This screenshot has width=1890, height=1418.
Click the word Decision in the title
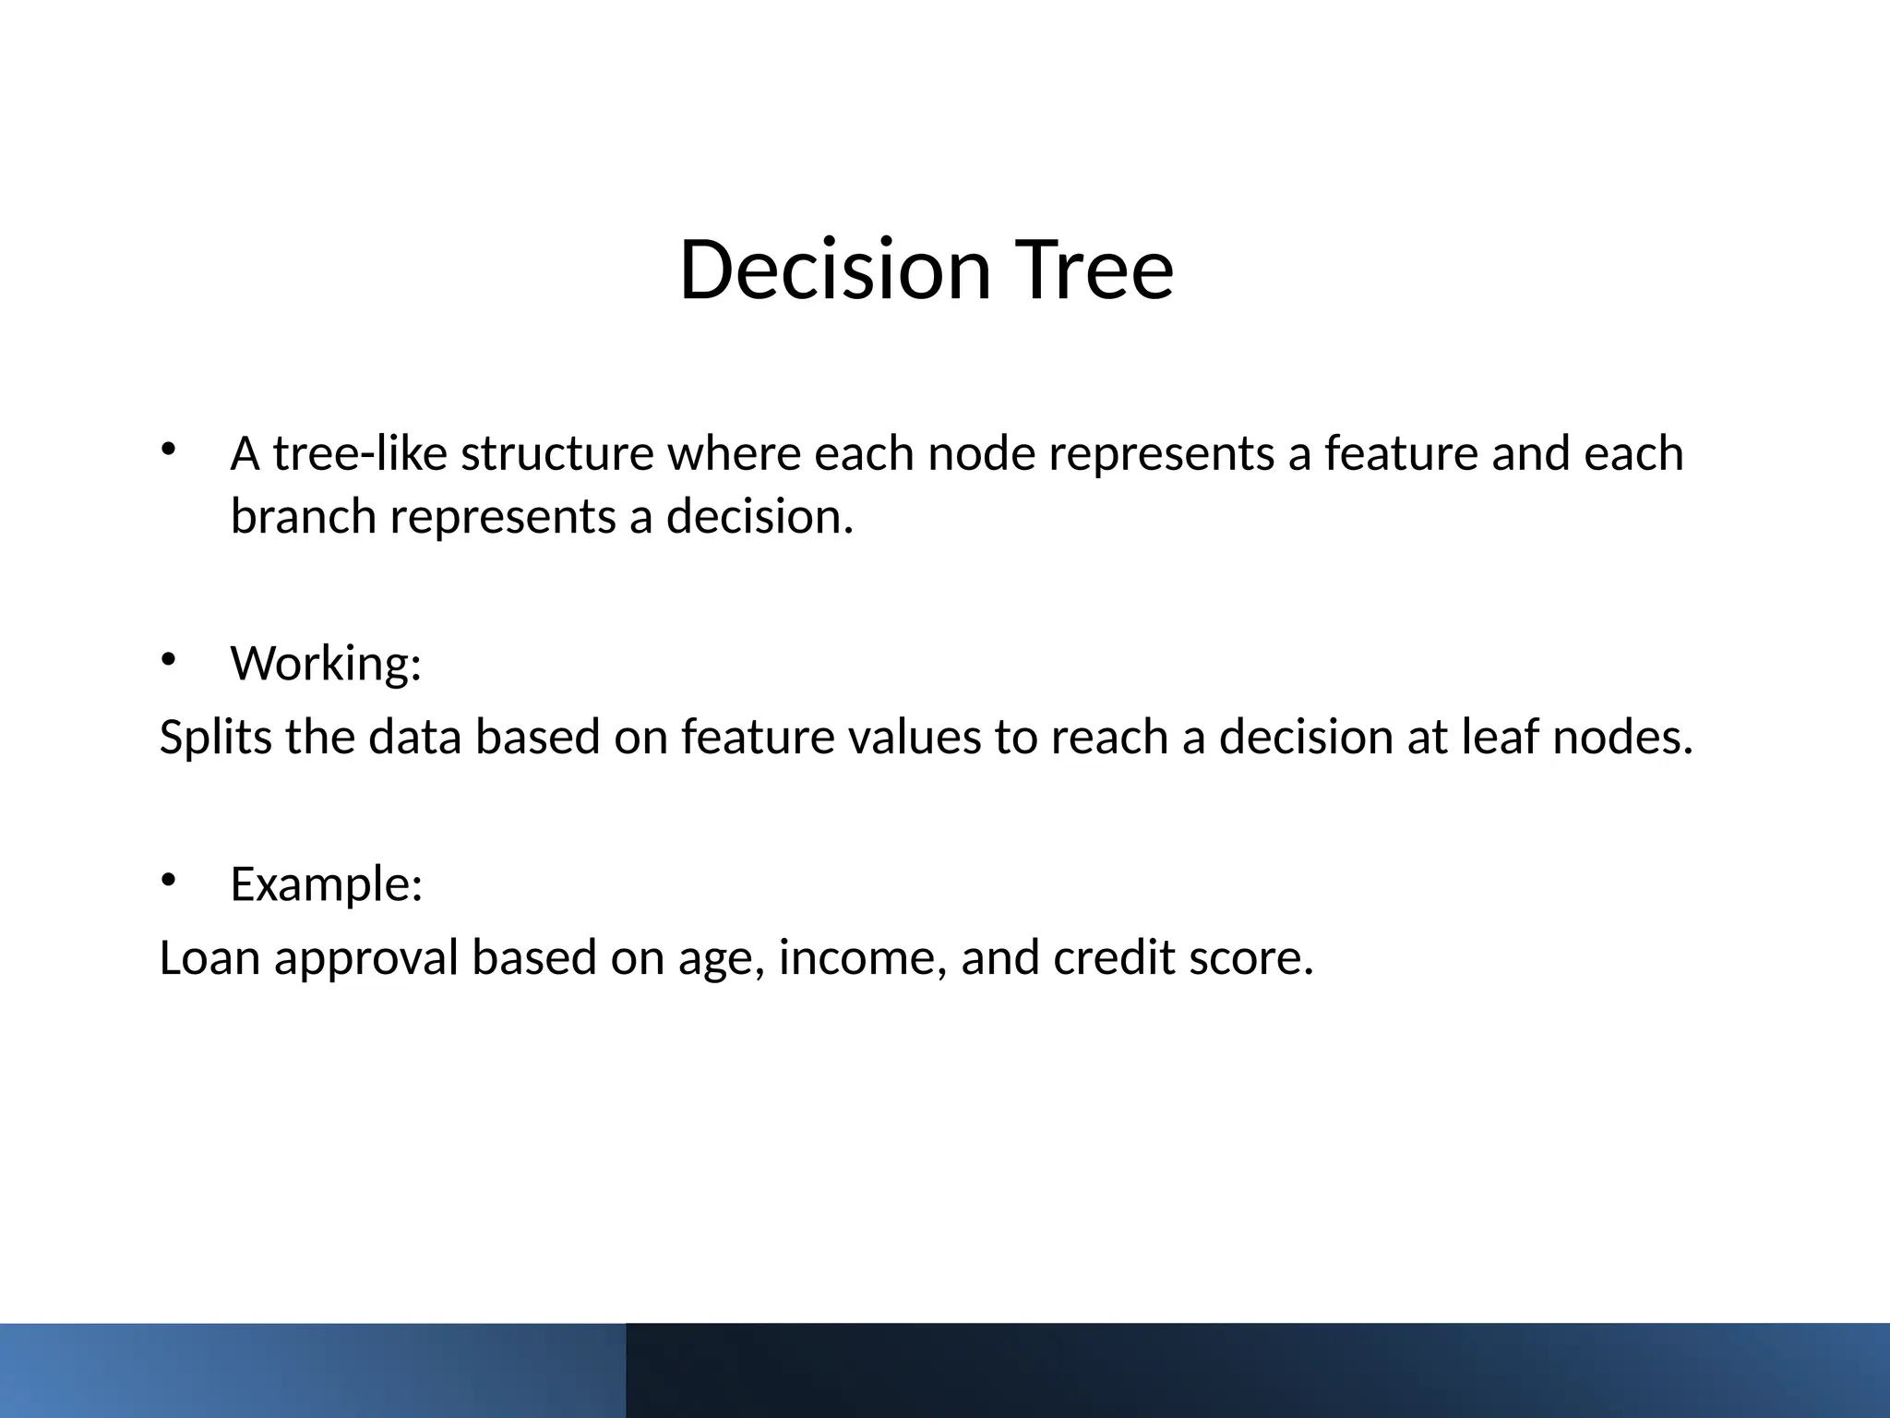[x=834, y=270]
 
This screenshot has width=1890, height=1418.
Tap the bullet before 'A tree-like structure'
[x=167, y=450]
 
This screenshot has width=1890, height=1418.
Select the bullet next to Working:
[x=167, y=659]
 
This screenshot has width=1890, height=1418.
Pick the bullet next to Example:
[x=167, y=880]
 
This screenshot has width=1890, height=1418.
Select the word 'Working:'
[x=326, y=663]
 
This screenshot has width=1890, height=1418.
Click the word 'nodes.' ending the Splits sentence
[x=1622, y=737]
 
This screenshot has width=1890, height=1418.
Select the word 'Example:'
[x=326, y=884]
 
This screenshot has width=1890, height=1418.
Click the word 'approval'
[x=365, y=957]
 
